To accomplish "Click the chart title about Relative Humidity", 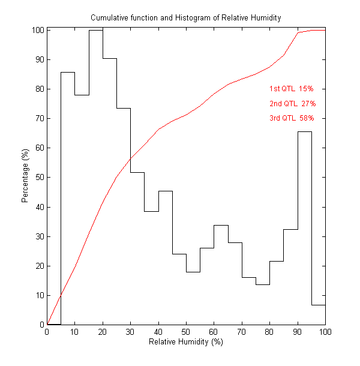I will tap(185, 18).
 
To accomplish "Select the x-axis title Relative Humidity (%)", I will tap(185, 342).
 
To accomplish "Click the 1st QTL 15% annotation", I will tap(291, 89).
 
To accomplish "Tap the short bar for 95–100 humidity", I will tap(318, 314).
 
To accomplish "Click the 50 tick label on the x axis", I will tap(186, 332).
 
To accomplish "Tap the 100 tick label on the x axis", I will tap(325, 332).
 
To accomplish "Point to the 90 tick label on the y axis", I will tap(38, 59).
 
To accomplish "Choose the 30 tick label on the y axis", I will tap(38, 236).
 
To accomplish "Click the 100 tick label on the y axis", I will tap(37, 30).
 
